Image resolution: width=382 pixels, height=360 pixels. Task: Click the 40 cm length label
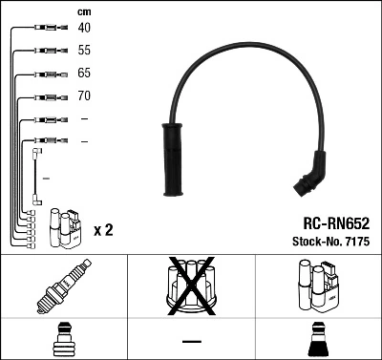85,29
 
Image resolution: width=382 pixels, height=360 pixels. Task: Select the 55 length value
85,51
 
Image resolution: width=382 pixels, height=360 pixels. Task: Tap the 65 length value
85,74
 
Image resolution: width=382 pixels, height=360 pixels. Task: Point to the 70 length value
85,96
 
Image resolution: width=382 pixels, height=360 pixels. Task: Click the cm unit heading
83,11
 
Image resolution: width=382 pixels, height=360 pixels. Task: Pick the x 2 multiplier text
103,230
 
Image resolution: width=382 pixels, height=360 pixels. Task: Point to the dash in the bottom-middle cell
192,341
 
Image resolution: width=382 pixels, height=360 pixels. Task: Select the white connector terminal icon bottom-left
64,340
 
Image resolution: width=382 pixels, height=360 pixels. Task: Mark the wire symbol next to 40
47,29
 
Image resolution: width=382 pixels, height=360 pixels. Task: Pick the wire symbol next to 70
47,96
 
